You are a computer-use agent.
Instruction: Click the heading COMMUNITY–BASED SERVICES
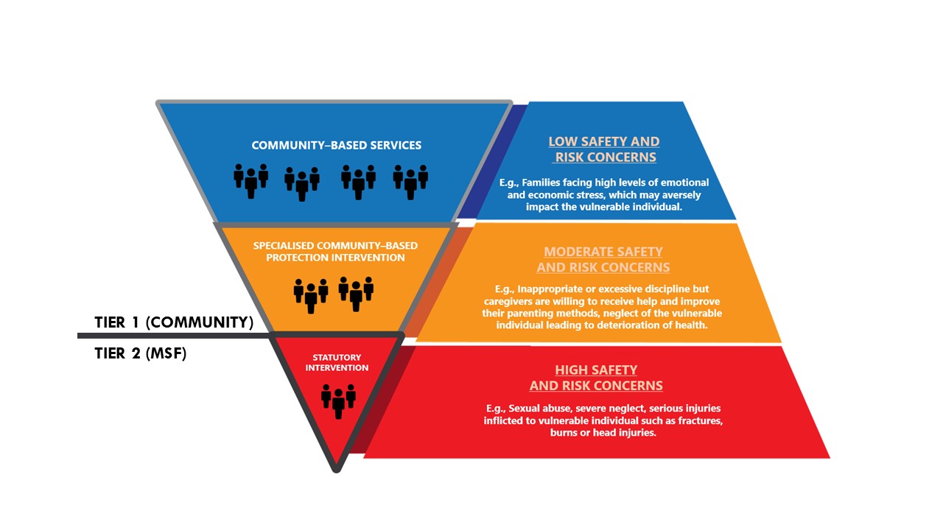point(337,145)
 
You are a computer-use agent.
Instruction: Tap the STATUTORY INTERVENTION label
point(337,362)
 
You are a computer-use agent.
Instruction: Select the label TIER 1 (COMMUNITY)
point(174,322)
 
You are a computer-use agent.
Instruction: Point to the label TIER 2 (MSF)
point(141,353)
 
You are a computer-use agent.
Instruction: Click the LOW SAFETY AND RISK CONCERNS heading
point(604,149)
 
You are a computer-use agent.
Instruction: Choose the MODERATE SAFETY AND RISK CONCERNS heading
point(603,259)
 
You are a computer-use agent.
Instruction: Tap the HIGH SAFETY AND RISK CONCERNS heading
point(596,378)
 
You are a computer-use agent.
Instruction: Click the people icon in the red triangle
point(338,400)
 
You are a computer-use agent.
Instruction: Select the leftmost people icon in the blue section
point(250,180)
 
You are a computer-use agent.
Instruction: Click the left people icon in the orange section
point(311,294)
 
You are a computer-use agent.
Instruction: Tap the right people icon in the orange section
point(356,293)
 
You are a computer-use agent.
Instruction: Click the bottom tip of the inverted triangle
point(336,468)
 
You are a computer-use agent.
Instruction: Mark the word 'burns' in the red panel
point(566,433)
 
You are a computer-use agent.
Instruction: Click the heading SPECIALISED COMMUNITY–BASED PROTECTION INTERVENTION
point(335,251)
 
